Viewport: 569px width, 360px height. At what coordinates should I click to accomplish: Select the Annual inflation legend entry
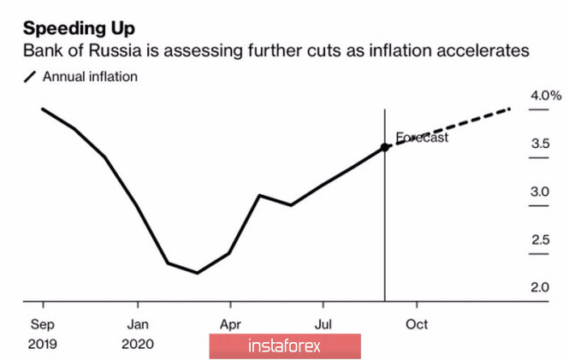coord(89,77)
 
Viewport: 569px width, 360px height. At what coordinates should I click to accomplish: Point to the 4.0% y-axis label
coord(545,96)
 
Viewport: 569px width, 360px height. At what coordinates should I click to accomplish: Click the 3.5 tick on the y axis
coord(540,144)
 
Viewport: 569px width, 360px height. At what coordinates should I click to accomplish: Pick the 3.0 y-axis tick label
coord(540,192)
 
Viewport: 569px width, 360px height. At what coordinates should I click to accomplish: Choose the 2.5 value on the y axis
coord(540,239)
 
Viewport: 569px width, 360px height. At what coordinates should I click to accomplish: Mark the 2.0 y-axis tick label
coord(540,287)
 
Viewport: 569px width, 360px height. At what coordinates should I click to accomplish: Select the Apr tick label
coord(229,325)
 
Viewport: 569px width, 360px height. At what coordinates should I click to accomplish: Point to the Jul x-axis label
coord(322,325)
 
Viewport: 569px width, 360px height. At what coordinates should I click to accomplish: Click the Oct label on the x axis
coord(417,325)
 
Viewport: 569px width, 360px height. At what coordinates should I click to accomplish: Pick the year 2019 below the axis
coord(44,344)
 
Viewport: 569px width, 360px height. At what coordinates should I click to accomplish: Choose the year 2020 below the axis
coord(139,344)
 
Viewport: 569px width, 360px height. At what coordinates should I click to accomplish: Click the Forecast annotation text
coord(422,137)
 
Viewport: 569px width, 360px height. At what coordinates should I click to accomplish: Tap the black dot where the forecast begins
coord(385,147)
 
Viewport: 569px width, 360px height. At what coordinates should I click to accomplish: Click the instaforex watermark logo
coord(284,346)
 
